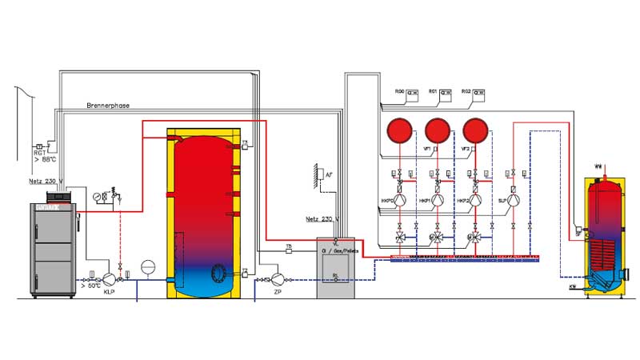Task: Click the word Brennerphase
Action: pos(108,106)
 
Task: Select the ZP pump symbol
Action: pos(278,278)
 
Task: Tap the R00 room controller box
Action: pos(413,93)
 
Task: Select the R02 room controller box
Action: pos(480,93)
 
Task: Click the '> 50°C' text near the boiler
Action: pos(90,285)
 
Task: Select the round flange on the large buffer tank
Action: pos(218,274)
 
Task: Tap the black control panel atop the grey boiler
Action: pos(60,195)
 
